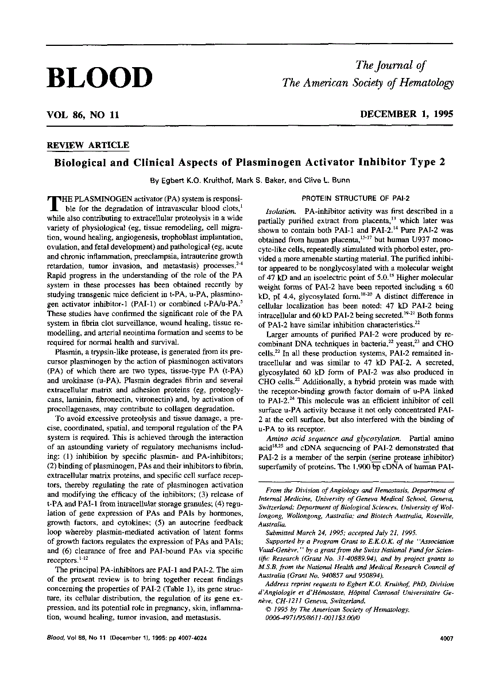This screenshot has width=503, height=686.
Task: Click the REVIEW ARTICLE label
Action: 88,145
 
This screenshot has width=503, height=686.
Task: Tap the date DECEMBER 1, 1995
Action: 407,114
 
